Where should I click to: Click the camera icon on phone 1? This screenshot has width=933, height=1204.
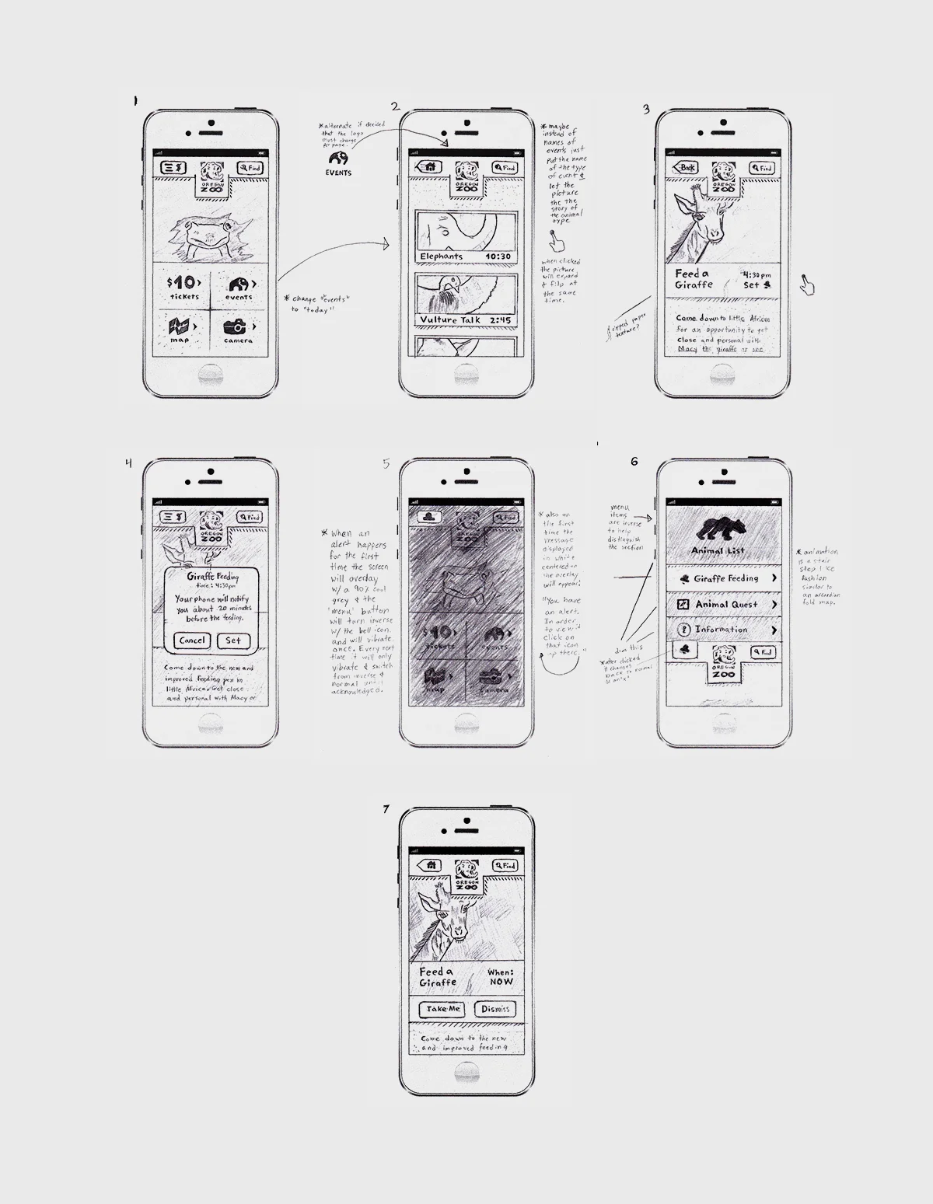[x=234, y=327]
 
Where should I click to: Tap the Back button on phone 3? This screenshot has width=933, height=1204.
[x=685, y=167]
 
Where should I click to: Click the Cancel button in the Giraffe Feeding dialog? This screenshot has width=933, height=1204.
[x=191, y=640]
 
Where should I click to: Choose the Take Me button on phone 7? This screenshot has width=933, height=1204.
[x=443, y=1009]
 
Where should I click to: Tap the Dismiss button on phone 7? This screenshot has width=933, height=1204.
[x=495, y=1009]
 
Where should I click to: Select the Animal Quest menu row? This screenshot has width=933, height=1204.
[x=725, y=604]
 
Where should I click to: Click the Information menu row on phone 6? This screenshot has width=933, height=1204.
[x=725, y=630]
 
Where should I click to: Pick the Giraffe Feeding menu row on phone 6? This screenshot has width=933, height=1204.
[x=725, y=578]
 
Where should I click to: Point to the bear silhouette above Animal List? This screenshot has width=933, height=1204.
[x=723, y=529]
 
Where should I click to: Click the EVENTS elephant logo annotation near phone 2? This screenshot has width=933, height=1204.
[x=338, y=161]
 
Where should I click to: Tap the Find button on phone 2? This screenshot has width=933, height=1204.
[x=505, y=167]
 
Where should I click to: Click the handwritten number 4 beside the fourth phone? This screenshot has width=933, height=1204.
[x=129, y=463]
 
